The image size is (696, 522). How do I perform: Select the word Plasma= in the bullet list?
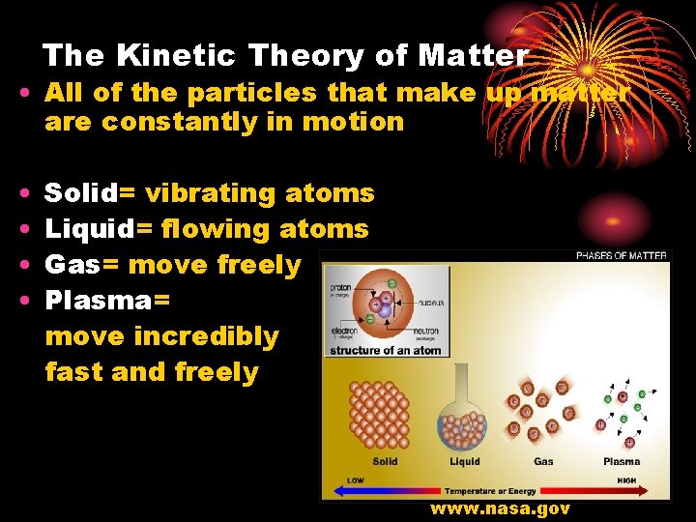click(107, 301)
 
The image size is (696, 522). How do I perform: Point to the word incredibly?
click(206, 336)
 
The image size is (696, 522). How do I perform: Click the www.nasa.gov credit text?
click(500, 508)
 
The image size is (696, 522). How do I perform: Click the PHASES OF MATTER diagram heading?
click(621, 256)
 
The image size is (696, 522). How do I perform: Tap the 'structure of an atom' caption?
click(385, 350)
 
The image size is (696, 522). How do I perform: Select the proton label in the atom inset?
click(341, 287)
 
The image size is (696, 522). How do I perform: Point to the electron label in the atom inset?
click(343, 331)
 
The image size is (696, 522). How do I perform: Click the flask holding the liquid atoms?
click(463, 411)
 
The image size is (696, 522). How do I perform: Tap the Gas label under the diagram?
click(543, 462)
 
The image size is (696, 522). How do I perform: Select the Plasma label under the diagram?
click(622, 462)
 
